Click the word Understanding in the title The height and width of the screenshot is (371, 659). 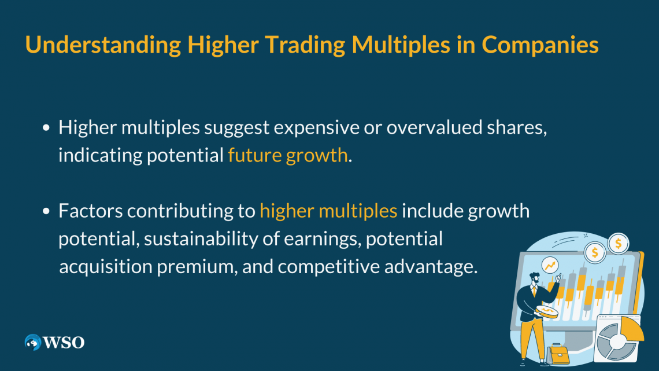click(103, 45)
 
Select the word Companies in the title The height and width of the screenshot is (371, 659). click(540, 45)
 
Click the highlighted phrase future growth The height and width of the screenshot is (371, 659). click(288, 155)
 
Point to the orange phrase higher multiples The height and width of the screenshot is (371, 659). click(328, 211)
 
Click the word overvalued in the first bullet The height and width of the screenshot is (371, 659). click(434, 127)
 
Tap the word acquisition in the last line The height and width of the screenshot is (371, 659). click(105, 267)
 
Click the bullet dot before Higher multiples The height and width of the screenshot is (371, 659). click(46, 127)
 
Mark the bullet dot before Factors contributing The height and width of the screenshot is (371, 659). click(46, 211)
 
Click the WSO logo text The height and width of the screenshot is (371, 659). click(64, 343)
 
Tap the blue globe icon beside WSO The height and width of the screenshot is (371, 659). click(33, 343)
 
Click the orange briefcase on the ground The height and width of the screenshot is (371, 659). click(558, 354)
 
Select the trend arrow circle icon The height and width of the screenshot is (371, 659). click(550, 266)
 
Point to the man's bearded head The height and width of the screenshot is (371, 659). click(534, 278)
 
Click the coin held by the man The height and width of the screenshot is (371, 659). click(547, 312)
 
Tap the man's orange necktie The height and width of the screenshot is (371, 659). click(534, 291)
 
